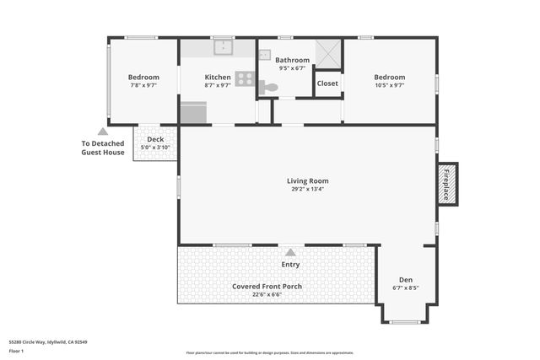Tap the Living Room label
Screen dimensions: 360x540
click(x=307, y=180)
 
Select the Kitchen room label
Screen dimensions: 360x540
click(x=218, y=78)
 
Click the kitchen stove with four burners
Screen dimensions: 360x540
click(x=245, y=78)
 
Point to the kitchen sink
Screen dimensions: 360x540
click(x=223, y=47)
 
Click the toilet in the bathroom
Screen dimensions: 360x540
click(x=269, y=87)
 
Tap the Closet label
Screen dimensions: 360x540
click(x=327, y=83)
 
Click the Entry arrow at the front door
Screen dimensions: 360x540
click(x=290, y=252)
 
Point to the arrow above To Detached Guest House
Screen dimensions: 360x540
click(x=103, y=132)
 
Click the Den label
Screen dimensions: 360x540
click(x=406, y=280)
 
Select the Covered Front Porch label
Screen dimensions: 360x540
click(x=267, y=286)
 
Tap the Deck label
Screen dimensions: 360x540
click(x=155, y=140)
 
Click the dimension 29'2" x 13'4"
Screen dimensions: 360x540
click(x=307, y=189)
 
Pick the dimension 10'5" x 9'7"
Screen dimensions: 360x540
click(x=390, y=85)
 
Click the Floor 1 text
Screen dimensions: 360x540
click(x=16, y=351)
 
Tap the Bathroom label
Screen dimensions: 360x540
click(x=292, y=60)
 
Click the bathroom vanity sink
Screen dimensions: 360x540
click(x=265, y=55)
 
